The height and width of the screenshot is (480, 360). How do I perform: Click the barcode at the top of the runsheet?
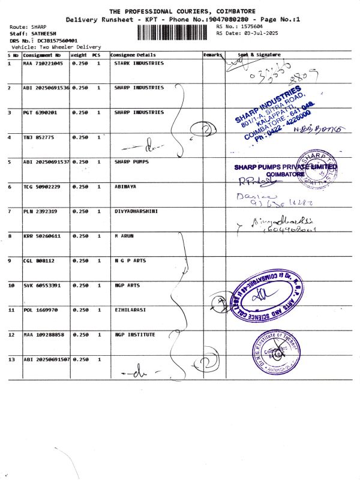175,31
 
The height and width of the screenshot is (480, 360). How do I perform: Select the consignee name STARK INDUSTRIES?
139,63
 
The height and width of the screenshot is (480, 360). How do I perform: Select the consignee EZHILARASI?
130,310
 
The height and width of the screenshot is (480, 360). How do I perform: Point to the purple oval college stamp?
264,295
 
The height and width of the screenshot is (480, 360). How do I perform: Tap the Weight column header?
79,55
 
